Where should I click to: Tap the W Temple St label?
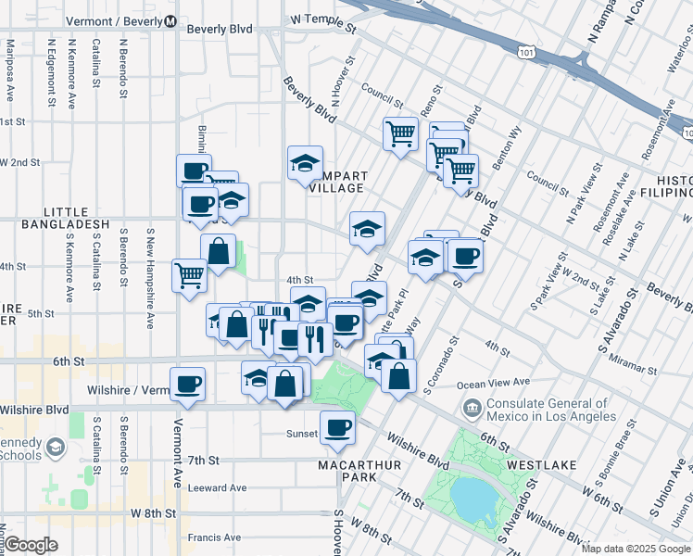(322, 19)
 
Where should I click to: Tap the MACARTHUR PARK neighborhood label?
(347, 470)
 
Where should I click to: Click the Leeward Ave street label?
(217, 487)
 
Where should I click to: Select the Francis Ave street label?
(214, 537)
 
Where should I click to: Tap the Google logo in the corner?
(31, 544)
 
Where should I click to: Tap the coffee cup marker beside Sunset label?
(337, 427)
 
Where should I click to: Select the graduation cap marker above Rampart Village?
(305, 164)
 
